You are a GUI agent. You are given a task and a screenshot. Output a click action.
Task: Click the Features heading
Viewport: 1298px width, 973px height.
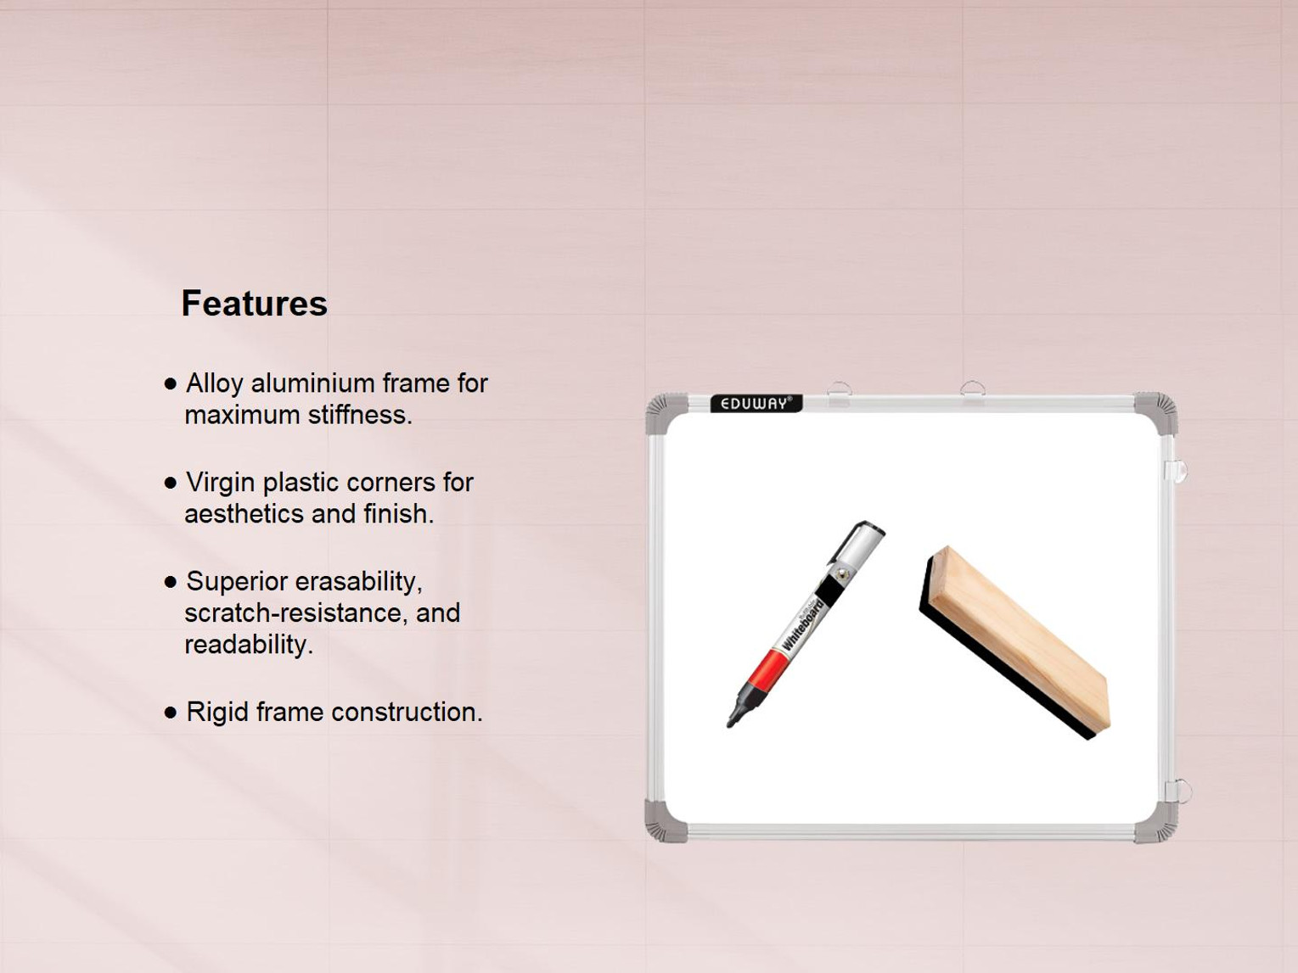[254, 304]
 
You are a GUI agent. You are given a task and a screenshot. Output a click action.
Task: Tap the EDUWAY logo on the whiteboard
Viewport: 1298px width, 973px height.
[756, 404]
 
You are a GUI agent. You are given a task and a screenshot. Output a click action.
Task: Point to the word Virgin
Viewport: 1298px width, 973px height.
[221, 483]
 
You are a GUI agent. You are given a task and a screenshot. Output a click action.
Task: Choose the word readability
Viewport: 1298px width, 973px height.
[248, 645]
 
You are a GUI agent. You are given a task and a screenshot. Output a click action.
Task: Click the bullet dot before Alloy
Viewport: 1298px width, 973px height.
[171, 384]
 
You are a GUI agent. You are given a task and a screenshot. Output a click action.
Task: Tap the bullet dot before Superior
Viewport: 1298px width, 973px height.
[171, 582]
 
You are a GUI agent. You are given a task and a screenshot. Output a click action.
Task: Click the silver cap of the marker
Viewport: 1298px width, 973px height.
[859, 543]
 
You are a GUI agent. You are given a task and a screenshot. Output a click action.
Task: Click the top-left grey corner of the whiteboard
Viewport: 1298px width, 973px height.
[666, 412]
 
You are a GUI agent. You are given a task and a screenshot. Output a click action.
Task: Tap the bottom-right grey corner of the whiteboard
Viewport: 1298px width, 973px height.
[1157, 824]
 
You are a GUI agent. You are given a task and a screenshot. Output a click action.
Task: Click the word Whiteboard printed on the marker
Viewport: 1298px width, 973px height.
[803, 624]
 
